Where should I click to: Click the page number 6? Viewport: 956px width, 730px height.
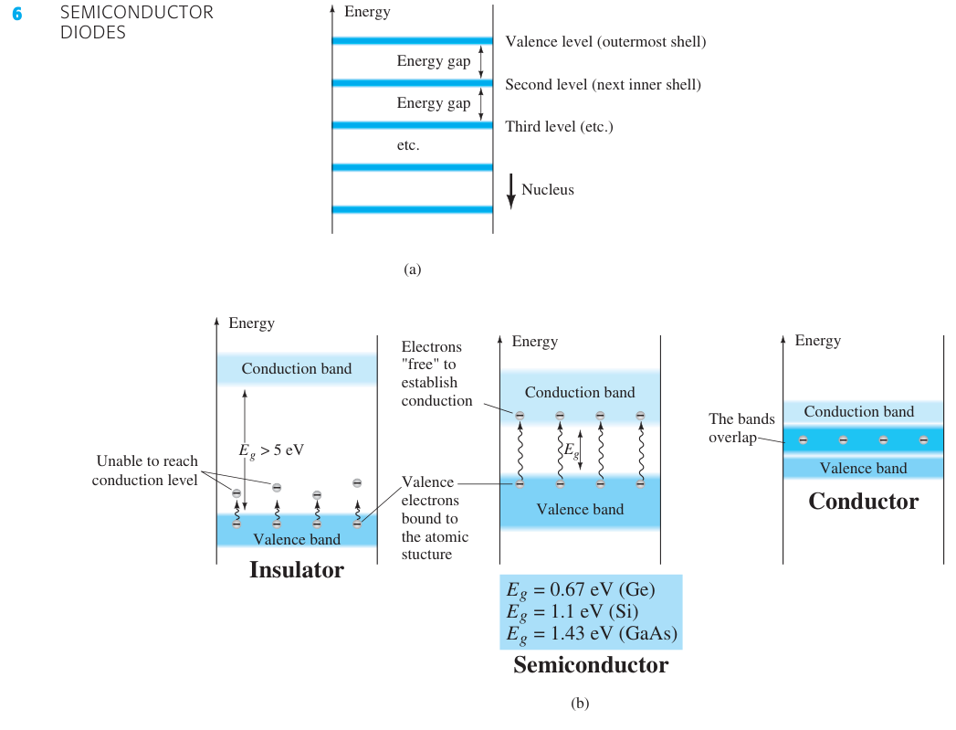pyautogui.click(x=17, y=14)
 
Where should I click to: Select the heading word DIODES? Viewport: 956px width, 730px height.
pyautogui.click(x=92, y=33)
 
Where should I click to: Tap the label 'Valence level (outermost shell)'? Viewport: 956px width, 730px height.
pyautogui.click(x=605, y=42)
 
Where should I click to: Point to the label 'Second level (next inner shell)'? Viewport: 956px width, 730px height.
pyautogui.click(x=603, y=85)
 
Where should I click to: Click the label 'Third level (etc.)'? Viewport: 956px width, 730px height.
pyautogui.click(x=559, y=127)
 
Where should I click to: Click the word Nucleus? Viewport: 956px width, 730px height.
pyautogui.click(x=548, y=190)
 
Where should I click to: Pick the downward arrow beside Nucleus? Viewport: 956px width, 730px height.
pyautogui.click(x=511, y=192)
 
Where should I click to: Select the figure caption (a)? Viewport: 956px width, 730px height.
pyautogui.click(x=412, y=270)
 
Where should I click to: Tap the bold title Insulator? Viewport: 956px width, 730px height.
pyautogui.click(x=297, y=569)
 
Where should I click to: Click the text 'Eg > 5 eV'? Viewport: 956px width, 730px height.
pyautogui.click(x=271, y=450)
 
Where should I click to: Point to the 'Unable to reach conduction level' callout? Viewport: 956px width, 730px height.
pyautogui.click(x=145, y=471)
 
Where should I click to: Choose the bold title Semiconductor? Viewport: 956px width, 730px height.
pyautogui.click(x=591, y=665)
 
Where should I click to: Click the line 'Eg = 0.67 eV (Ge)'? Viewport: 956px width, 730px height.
pyautogui.click(x=581, y=590)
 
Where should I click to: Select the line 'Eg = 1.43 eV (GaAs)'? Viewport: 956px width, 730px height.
pyautogui.click(x=592, y=634)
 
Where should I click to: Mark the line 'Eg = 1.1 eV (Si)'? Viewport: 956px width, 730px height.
pyautogui.click(x=572, y=612)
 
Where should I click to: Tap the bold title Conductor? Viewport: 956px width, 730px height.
pyautogui.click(x=864, y=502)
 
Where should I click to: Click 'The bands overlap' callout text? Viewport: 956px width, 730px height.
pyautogui.click(x=741, y=428)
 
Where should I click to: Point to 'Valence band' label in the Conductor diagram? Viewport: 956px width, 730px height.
pyautogui.click(x=863, y=469)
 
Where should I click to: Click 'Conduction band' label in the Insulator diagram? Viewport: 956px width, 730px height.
pyautogui.click(x=297, y=369)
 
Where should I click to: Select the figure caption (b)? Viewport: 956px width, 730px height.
pyautogui.click(x=580, y=704)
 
